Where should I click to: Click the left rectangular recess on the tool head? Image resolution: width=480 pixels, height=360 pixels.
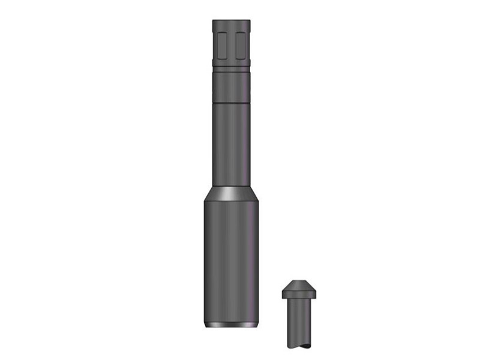[222, 45]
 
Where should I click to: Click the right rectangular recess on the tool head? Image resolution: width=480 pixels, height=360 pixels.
[241, 45]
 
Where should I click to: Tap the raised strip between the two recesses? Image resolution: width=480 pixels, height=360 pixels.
[232, 45]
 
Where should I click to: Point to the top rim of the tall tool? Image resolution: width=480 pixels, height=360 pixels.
[232, 21]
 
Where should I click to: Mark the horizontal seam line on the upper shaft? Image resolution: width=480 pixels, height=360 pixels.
[232, 104]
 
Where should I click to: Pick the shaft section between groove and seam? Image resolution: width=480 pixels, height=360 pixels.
[232, 88]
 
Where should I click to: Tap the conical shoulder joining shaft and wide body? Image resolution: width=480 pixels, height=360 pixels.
[232, 193]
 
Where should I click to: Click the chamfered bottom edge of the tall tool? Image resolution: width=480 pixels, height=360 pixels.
[232, 325]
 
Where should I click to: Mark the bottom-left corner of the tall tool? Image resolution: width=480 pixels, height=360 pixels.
[206, 326]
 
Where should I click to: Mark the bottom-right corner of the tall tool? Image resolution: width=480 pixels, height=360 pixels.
[259, 326]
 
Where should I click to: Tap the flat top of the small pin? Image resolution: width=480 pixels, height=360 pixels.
[301, 280]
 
